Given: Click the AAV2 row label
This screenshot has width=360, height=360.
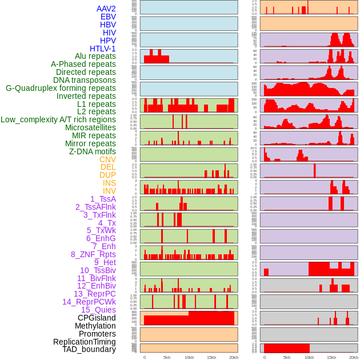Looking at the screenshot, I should (106, 9).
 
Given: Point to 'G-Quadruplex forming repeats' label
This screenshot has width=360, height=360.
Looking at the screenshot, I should (61, 88).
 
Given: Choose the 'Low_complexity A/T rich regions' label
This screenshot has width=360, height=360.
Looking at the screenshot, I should (58, 119).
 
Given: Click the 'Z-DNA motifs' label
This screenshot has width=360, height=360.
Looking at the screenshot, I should (93, 151).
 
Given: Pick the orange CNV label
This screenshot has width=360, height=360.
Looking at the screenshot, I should (107, 159).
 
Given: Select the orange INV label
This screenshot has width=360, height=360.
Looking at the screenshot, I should (109, 191).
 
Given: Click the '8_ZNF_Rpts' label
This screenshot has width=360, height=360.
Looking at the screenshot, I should (93, 254).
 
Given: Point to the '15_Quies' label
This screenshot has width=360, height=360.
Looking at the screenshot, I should (98, 310).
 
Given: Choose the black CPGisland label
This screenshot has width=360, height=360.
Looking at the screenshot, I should (97, 318).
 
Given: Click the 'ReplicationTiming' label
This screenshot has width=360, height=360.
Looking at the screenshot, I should (84, 342).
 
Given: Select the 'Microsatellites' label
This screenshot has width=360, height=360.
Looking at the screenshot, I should (90, 127).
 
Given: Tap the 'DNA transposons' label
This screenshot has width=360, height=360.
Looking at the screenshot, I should (85, 80).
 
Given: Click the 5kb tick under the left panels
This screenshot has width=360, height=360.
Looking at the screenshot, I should (167, 357).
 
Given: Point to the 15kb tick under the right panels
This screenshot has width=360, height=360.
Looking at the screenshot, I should (331, 357).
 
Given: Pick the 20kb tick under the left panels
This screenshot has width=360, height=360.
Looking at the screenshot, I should (233, 357).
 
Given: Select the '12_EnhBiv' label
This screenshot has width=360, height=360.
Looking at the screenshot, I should (97, 286).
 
